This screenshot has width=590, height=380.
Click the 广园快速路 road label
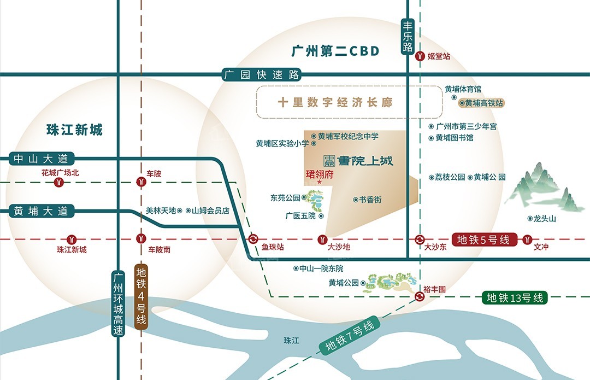(x=262, y=75)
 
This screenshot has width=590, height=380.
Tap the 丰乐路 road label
(x=408, y=36)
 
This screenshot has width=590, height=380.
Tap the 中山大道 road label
(x=41, y=159)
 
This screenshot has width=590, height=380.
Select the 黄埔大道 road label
(x=41, y=211)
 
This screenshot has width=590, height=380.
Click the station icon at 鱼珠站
(x=254, y=239)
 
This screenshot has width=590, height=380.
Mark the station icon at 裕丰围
(x=419, y=297)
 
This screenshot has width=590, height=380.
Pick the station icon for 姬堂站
(x=420, y=56)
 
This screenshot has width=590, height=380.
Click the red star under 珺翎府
(x=320, y=183)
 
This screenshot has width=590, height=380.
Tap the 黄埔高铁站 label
(x=483, y=102)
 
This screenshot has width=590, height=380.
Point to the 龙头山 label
(x=545, y=219)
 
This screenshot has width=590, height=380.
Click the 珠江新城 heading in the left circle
(x=74, y=130)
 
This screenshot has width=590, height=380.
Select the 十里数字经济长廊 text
(x=335, y=102)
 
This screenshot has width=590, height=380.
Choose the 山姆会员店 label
(x=210, y=210)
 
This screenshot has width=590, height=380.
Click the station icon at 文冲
(x=528, y=239)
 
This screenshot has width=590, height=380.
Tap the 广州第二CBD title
(x=335, y=51)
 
